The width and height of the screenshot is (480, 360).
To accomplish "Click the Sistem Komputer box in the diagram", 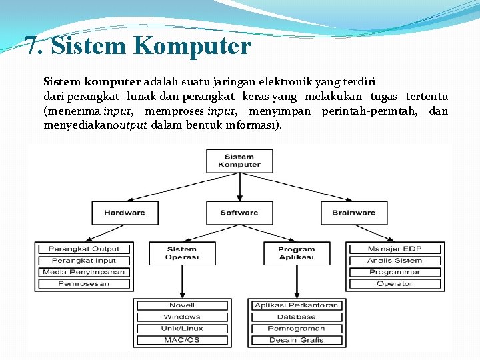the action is (x=239, y=161).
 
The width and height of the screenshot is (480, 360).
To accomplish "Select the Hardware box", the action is (x=125, y=213).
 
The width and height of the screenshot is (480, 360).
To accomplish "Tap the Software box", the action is (x=239, y=213).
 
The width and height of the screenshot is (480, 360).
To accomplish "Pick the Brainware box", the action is (x=353, y=213).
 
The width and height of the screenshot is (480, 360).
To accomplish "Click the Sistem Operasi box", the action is (x=181, y=253).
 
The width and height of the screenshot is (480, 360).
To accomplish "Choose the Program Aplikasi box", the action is (x=297, y=253).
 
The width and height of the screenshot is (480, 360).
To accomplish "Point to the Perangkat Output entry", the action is (x=84, y=249).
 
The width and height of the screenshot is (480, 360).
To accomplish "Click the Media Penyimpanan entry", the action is (x=84, y=272).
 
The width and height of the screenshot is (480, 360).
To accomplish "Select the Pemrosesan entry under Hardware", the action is (x=84, y=283).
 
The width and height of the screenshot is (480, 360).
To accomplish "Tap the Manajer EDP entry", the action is (x=395, y=249).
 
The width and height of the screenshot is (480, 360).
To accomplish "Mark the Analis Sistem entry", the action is (x=395, y=261).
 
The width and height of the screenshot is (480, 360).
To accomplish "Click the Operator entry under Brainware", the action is (x=395, y=283).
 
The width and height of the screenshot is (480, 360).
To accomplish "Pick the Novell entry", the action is (x=182, y=305).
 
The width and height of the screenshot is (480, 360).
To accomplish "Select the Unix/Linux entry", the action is (x=182, y=328).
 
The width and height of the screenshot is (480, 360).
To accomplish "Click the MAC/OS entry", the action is (x=182, y=340).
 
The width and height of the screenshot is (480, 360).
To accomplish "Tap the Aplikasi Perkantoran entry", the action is (x=297, y=305).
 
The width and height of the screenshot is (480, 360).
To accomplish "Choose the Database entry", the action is (x=297, y=317).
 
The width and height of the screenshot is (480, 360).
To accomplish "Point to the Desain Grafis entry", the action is (x=297, y=340).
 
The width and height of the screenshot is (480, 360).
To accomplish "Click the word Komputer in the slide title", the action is (x=192, y=46).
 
